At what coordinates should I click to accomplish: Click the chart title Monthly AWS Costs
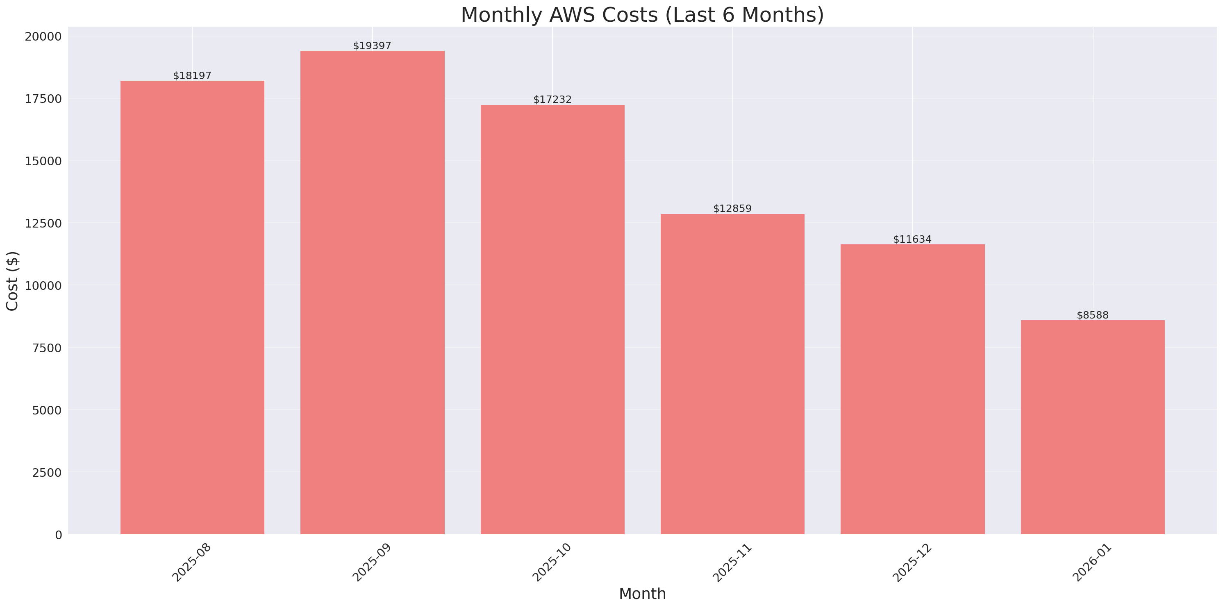(x=642, y=15)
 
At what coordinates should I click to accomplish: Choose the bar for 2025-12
(x=912, y=389)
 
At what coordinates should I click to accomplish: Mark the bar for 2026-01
(x=1092, y=427)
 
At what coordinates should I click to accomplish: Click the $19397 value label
(x=372, y=46)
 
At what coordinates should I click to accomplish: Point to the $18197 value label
(x=192, y=75)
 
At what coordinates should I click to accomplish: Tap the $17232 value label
(x=552, y=99)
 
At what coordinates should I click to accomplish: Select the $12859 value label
(x=732, y=209)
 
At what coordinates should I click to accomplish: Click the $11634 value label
(x=912, y=239)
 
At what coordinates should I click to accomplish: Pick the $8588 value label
(x=1092, y=315)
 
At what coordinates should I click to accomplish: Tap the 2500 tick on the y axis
(x=47, y=473)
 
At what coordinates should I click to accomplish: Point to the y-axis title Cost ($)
(x=12, y=281)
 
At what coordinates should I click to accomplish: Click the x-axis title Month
(x=642, y=594)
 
